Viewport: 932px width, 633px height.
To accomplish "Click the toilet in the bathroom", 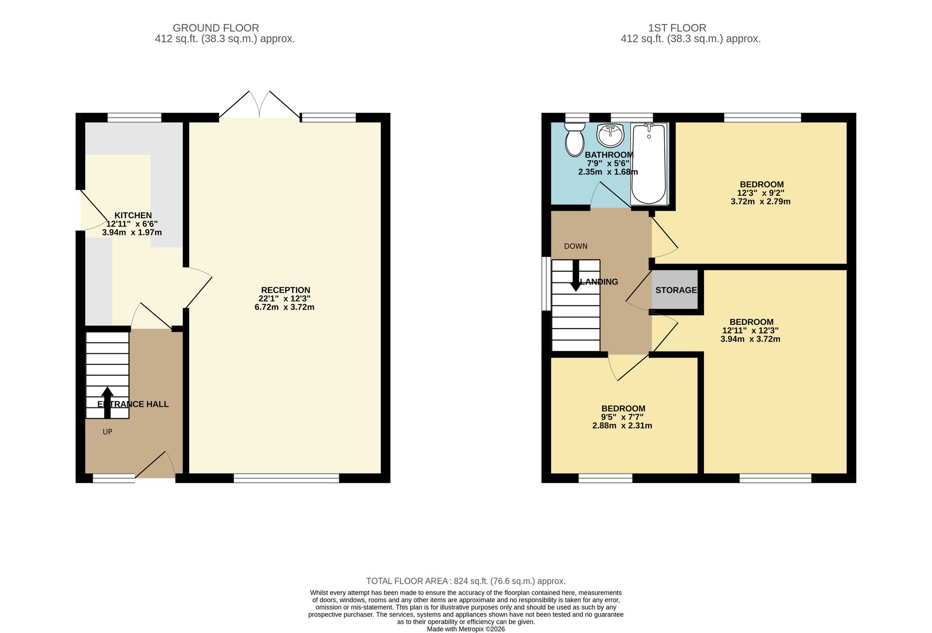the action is [575, 139].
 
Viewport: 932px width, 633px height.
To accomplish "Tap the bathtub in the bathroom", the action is [648, 164].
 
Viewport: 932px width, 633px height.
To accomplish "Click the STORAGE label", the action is [676, 290].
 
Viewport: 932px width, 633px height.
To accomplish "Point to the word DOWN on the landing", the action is [576, 246].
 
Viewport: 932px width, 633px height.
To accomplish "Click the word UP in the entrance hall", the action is [108, 432].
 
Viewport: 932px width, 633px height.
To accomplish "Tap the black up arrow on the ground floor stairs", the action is [107, 402].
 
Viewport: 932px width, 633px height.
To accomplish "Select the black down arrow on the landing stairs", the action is [576, 276].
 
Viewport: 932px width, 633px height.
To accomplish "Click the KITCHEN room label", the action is [133, 215].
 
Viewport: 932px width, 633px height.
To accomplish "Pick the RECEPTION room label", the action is [286, 290].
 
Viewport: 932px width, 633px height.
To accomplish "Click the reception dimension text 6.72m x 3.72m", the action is [284, 307].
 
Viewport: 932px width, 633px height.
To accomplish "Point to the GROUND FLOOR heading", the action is [216, 28].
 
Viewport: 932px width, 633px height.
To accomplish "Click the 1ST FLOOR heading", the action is [677, 28].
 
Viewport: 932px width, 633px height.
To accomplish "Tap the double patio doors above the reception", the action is [260, 105].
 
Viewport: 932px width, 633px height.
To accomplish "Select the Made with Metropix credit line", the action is [466, 629].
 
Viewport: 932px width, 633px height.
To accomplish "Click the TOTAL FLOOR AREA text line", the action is [466, 581].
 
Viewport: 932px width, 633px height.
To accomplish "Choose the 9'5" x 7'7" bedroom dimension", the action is [623, 417].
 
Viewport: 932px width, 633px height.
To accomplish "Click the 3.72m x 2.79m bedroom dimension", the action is [761, 202].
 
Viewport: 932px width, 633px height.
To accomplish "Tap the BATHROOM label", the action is [609, 155].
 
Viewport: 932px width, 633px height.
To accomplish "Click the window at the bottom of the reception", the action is [286, 477].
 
